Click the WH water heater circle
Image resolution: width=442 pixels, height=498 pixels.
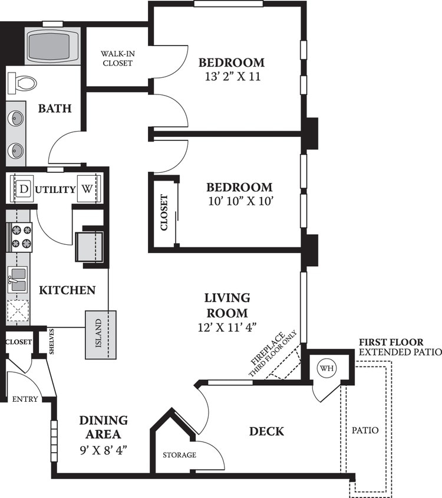tap(326, 368)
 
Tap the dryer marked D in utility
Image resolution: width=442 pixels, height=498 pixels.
tap(24, 189)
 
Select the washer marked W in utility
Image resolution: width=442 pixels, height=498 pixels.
tap(87, 189)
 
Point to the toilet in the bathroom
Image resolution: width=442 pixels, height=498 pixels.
tap(24, 82)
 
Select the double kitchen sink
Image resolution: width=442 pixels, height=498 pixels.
tap(18, 279)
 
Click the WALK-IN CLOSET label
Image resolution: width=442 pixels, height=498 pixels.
tap(117, 58)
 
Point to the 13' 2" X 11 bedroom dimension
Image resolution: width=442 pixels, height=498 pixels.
tap(230, 76)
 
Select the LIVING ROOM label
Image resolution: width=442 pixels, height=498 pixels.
tap(227, 305)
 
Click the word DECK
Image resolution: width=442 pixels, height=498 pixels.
tap(267, 431)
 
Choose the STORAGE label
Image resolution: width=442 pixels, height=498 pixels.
tap(180, 455)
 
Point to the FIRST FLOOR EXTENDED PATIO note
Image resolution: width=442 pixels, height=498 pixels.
tap(400, 348)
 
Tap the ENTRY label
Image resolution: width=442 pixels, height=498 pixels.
tap(25, 399)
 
